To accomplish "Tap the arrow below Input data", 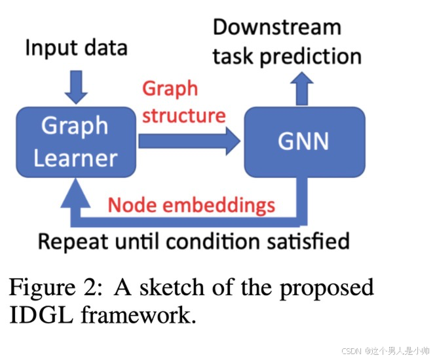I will (x=76, y=86).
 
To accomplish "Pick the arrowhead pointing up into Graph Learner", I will (x=76, y=193).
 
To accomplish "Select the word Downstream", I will (x=277, y=27).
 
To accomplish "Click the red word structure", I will (x=184, y=116).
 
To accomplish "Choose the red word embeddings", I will (x=219, y=205).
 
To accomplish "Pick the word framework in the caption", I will (x=137, y=315).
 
